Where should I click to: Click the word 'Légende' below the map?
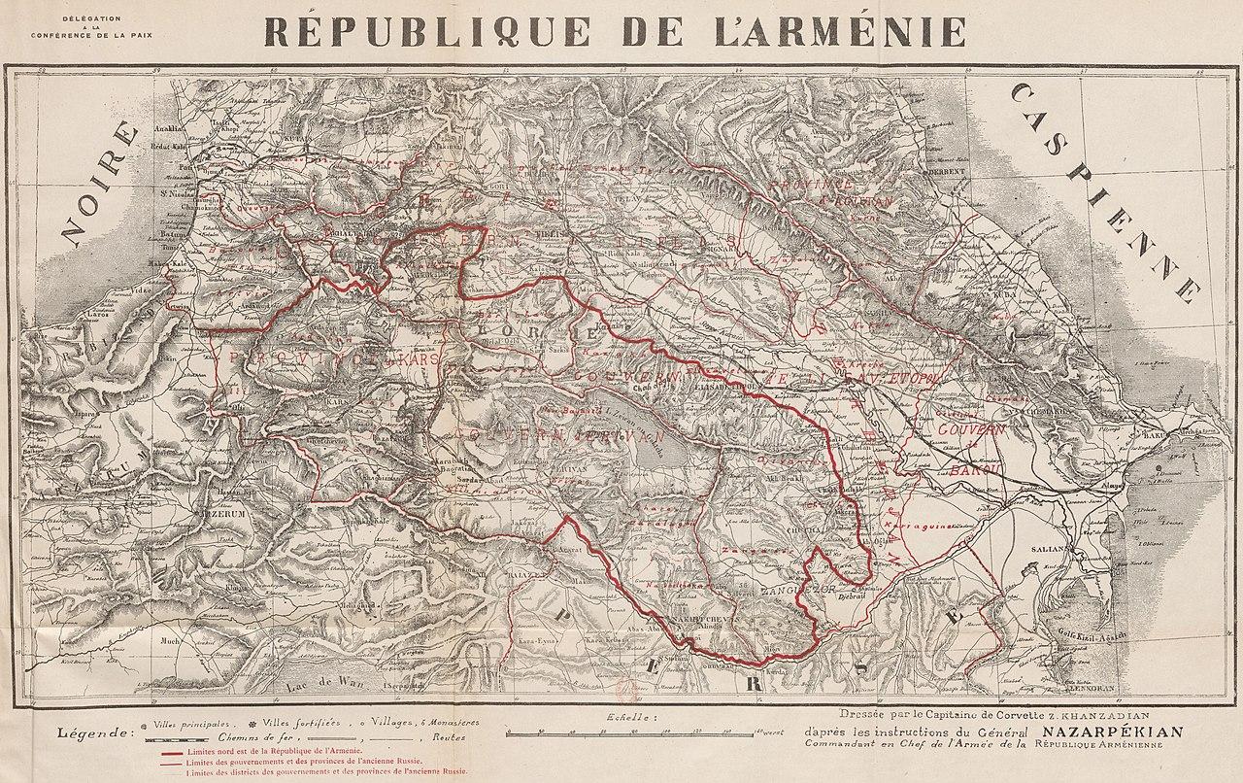[95, 732]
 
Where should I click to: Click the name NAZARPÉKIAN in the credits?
[1113, 732]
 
